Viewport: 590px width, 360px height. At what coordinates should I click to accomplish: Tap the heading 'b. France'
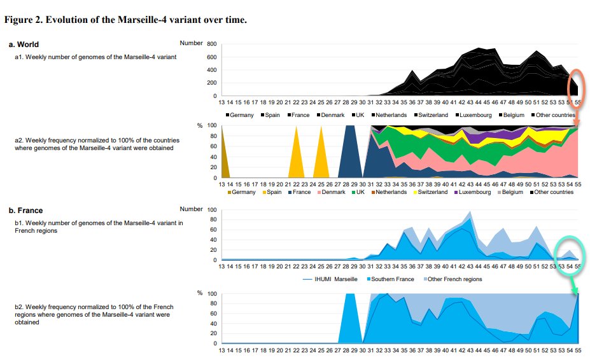[x=27, y=211]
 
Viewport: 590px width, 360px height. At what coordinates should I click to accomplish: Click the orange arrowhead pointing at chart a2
[x=577, y=121]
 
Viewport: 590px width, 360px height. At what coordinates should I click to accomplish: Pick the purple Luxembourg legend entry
[x=470, y=192]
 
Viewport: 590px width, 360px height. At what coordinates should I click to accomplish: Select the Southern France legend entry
[x=388, y=279]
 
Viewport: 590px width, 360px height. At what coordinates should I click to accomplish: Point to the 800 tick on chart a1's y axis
[x=212, y=44]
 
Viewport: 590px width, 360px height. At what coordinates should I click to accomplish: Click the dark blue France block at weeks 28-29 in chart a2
[x=349, y=153]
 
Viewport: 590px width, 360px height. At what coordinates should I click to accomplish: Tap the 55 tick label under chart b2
[x=577, y=350]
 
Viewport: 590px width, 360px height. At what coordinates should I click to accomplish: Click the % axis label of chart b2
[x=199, y=293]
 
